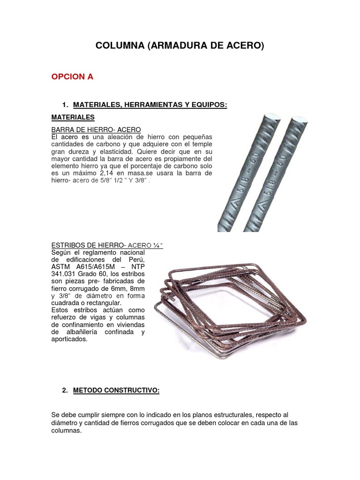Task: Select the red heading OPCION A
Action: point(72,77)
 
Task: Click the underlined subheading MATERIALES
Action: point(73,117)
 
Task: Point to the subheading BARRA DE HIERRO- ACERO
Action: point(96,129)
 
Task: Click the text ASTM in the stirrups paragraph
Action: point(60,266)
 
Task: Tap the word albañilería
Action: point(84,332)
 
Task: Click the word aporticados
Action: point(69,339)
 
